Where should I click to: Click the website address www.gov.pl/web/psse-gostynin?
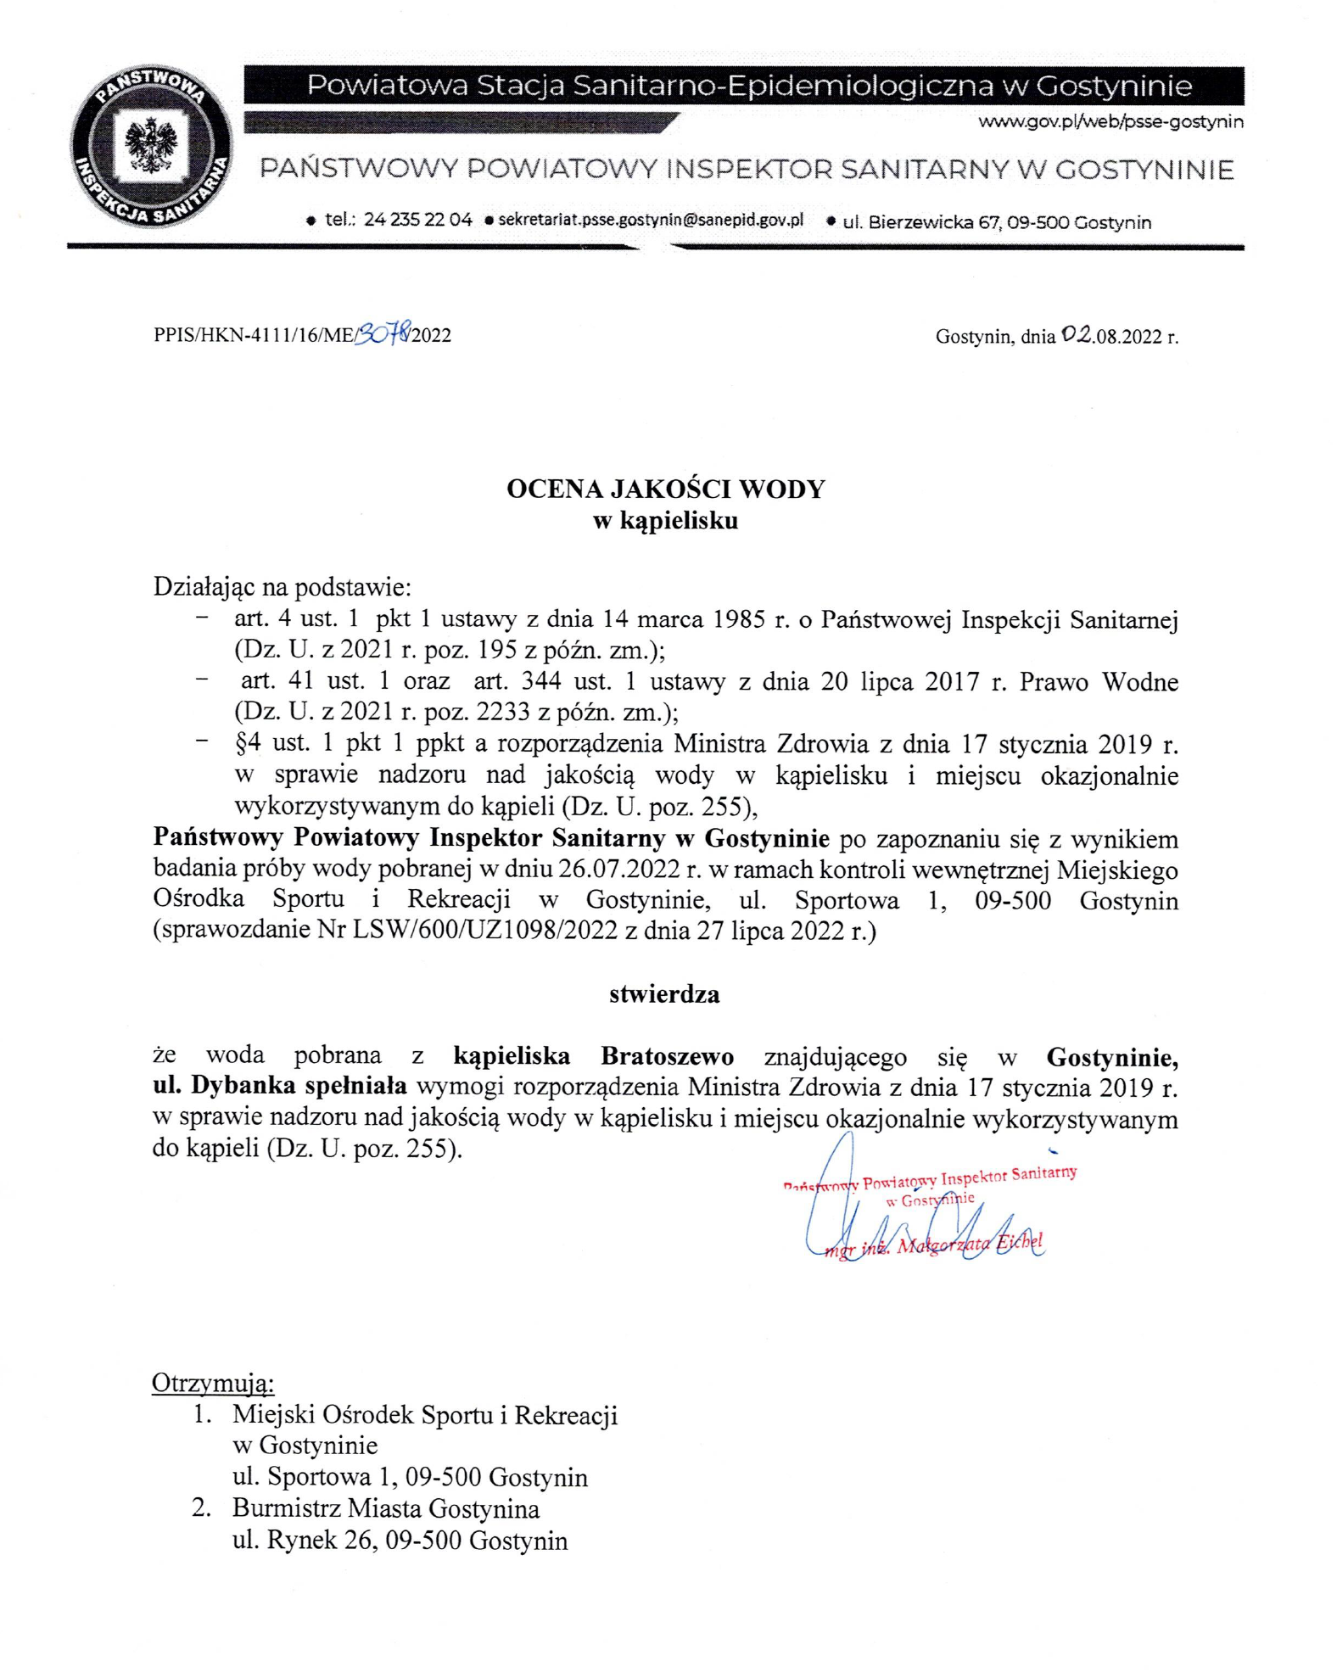[1110, 122]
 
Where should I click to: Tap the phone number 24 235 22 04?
[417, 220]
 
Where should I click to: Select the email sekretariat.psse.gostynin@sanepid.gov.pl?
[651, 220]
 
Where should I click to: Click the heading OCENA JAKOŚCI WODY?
[665, 489]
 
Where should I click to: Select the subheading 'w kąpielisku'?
[665, 520]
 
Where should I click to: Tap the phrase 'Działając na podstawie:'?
[282, 587]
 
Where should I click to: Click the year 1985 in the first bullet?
[740, 619]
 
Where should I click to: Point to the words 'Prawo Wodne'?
[1099, 682]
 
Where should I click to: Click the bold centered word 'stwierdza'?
[664, 994]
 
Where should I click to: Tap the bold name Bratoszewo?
[667, 1057]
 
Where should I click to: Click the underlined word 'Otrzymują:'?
[213, 1384]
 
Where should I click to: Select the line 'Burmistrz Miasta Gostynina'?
[386, 1509]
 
